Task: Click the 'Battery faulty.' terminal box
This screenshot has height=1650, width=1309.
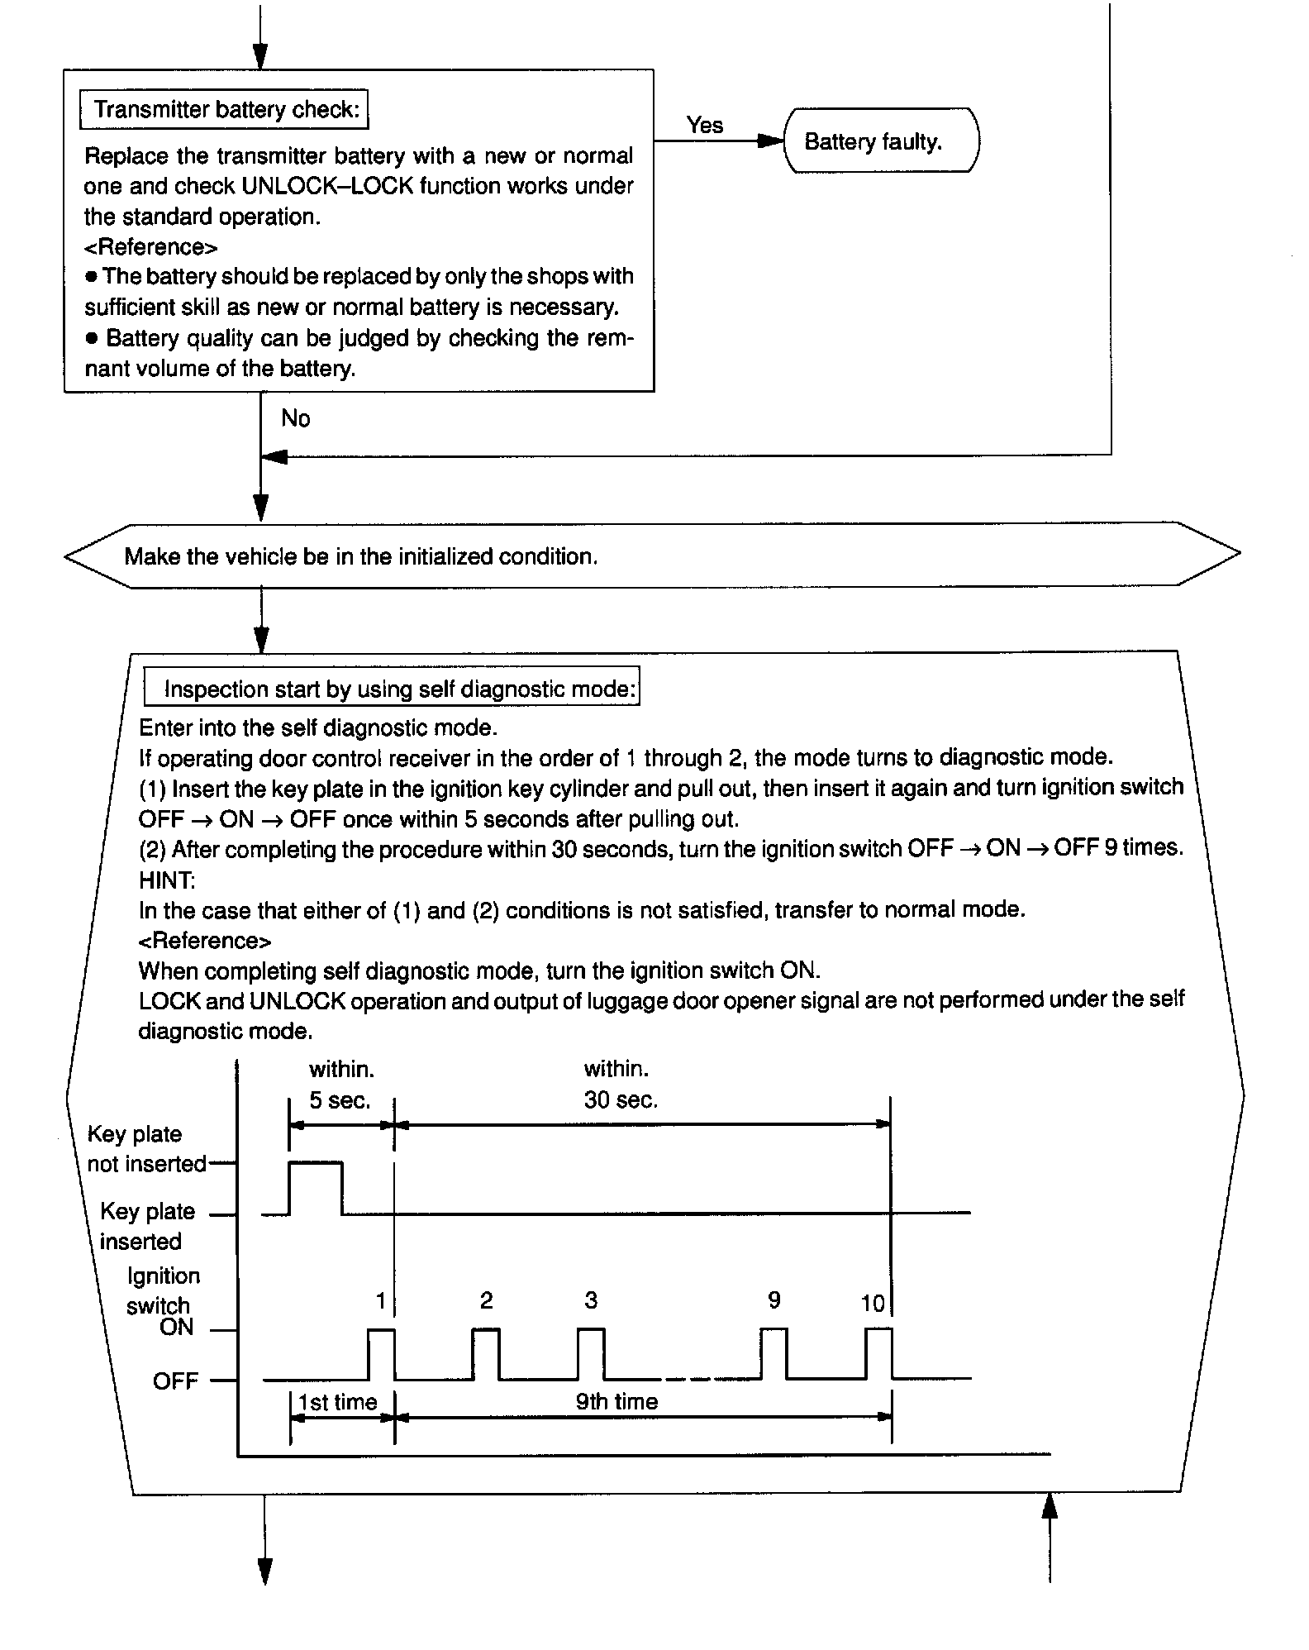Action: click(x=880, y=141)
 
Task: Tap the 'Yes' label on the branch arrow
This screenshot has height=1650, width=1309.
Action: click(x=704, y=126)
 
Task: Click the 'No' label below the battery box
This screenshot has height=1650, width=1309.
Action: click(x=295, y=418)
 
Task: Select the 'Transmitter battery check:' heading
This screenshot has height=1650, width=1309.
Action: click(x=225, y=110)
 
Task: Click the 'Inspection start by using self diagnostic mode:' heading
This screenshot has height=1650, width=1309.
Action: click(x=393, y=689)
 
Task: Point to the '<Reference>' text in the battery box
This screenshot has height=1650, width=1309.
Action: click(x=151, y=247)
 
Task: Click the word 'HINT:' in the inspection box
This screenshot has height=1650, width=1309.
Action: click(x=167, y=881)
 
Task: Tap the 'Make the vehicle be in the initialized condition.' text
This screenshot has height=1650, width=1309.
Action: click(x=360, y=556)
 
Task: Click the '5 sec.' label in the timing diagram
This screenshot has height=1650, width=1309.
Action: click(x=340, y=1101)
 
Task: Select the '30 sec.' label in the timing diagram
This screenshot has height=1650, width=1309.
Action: click(x=621, y=1101)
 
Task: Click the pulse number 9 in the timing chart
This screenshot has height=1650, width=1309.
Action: click(x=773, y=1300)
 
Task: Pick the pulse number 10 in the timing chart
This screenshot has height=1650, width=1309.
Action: click(x=873, y=1304)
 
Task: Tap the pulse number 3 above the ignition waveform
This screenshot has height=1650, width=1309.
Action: click(x=591, y=1300)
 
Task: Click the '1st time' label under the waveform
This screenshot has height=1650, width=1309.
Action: click(x=337, y=1402)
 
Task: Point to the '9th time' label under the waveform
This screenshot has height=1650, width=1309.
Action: click(x=616, y=1402)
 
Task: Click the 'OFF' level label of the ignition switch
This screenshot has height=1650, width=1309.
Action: click(x=175, y=1381)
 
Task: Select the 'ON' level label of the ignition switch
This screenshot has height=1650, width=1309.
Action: click(x=177, y=1328)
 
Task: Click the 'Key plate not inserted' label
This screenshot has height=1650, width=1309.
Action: click(x=146, y=1149)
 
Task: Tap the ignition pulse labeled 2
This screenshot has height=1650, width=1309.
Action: click(x=486, y=1353)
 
